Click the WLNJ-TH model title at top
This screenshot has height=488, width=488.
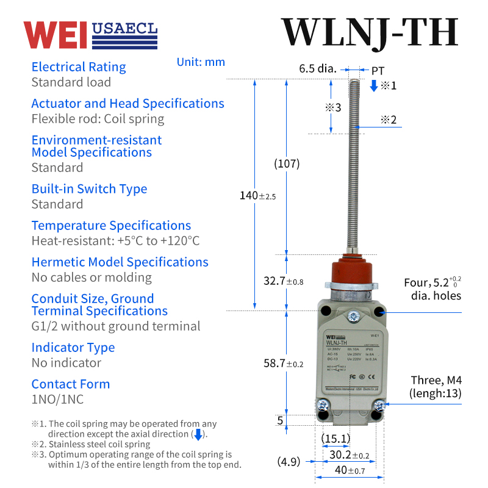click(x=369, y=32)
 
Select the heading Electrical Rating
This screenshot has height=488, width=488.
click(x=79, y=67)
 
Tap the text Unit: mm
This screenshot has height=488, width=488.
click(x=201, y=62)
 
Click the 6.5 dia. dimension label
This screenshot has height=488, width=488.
click(x=317, y=68)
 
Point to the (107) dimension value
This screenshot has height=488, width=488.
click(x=287, y=163)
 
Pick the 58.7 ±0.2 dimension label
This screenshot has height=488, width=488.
click(x=283, y=364)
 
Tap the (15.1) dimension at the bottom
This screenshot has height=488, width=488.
click(x=335, y=438)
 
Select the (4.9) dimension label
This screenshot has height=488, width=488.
click(x=289, y=461)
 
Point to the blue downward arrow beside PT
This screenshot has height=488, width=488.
click(x=374, y=85)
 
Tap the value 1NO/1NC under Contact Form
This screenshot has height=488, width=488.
click(x=57, y=400)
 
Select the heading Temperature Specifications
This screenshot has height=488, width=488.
click(x=111, y=226)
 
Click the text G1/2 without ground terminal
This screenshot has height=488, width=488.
click(x=115, y=326)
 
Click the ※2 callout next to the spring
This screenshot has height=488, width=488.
click(x=389, y=120)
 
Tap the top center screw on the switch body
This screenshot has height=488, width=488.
click(x=352, y=316)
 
